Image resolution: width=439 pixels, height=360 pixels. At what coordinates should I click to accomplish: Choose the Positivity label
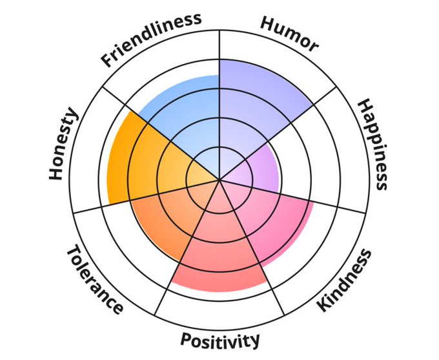click(220, 340)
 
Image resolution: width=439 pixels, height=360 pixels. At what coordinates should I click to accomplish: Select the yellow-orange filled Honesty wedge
click(139, 162)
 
